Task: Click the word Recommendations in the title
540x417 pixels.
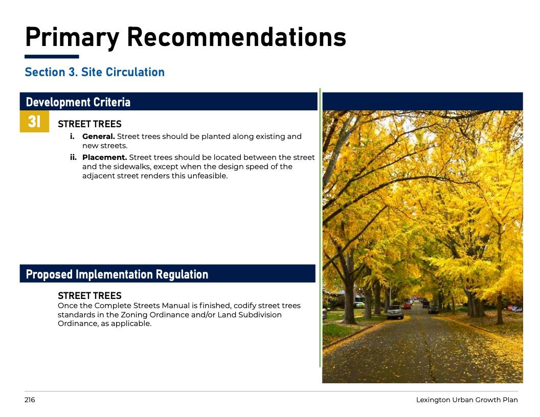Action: [x=237, y=37]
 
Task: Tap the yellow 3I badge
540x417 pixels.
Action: [x=34, y=121]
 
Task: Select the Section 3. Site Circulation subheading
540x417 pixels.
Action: [x=95, y=72]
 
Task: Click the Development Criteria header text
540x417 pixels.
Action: [x=78, y=102]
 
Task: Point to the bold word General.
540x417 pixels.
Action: [x=99, y=136]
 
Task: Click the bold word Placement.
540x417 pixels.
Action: [x=105, y=157]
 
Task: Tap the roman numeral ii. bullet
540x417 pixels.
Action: [x=73, y=157]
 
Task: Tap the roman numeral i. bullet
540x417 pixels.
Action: [x=72, y=136]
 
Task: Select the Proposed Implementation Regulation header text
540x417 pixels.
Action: [x=117, y=274]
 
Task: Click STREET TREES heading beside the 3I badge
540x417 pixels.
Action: [x=89, y=124]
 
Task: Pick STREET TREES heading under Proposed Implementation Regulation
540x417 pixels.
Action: [x=89, y=295]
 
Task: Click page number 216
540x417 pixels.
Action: [x=30, y=400]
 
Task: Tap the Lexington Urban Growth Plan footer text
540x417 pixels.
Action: [x=467, y=400]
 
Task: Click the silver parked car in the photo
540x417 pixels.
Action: [x=395, y=312]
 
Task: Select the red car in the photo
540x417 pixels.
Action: [x=408, y=306]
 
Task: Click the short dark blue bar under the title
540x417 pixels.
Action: [x=52, y=56]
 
